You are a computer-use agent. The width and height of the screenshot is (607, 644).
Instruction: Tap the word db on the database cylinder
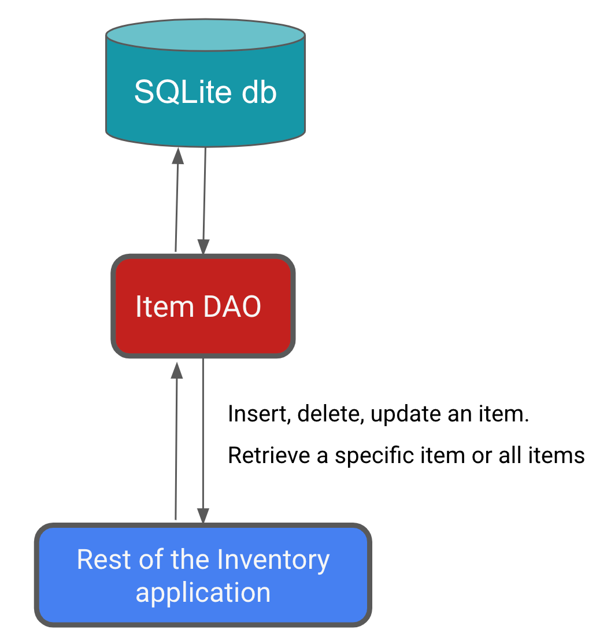[260, 91]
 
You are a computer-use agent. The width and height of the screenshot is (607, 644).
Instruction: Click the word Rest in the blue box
[101, 560]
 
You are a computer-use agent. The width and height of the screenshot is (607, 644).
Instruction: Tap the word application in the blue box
[203, 593]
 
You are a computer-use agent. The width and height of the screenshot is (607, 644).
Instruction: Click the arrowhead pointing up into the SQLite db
[178, 155]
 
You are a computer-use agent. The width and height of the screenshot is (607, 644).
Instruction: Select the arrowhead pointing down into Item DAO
[203, 247]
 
